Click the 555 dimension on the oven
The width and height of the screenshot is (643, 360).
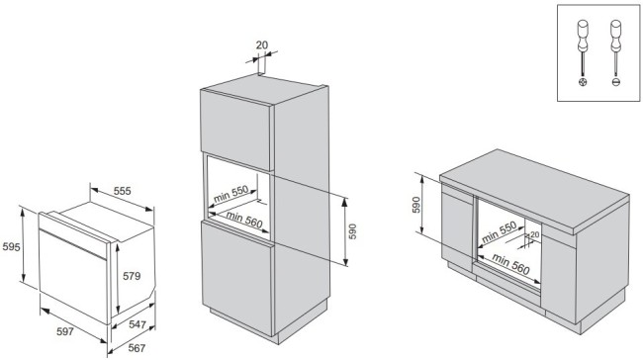click(x=123, y=191)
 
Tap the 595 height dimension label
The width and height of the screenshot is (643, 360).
click(x=11, y=247)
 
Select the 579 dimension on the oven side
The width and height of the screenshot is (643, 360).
click(x=132, y=276)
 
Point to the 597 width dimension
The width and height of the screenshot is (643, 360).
click(x=64, y=331)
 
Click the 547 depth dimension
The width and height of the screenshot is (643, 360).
click(x=138, y=324)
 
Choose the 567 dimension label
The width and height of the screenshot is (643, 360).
click(x=137, y=348)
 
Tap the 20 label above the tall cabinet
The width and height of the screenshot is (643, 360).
click(x=261, y=45)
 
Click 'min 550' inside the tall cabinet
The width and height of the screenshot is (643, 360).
click(x=230, y=194)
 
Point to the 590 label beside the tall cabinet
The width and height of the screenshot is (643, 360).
click(x=352, y=231)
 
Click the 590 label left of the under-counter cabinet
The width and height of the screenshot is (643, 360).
click(x=415, y=205)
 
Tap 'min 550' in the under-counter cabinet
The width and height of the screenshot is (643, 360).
click(x=499, y=232)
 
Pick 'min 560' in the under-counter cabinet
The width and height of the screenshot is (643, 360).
click(x=511, y=264)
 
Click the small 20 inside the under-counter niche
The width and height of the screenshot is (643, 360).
click(x=534, y=234)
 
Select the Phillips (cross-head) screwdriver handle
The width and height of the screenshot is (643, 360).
click(x=583, y=36)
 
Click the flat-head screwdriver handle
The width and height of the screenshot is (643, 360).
click(x=615, y=36)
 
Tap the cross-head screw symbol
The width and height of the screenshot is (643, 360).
click(x=583, y=82)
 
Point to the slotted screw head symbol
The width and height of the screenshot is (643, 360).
click(x=615, y=82)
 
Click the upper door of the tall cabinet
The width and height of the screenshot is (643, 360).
click(x=236, y=130)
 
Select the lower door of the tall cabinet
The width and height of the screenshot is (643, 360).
click(x=237, y=278)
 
